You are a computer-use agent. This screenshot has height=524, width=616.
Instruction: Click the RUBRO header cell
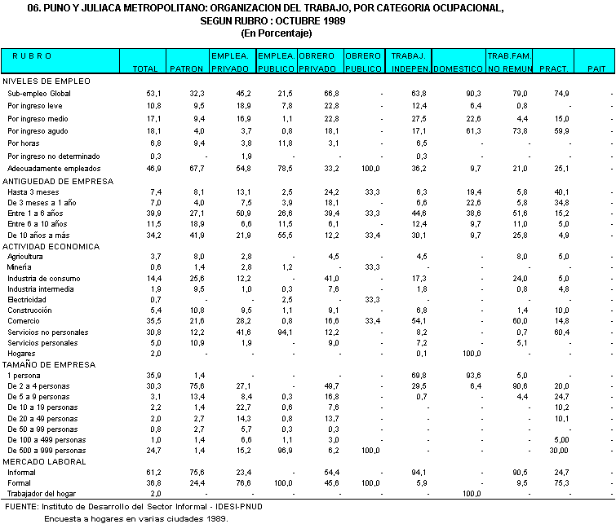[33, 55]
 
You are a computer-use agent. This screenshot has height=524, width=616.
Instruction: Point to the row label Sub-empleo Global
[39, 95]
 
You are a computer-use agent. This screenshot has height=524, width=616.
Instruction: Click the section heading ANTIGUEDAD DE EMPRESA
[58, 181]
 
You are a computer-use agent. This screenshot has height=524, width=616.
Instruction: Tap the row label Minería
[20, 267]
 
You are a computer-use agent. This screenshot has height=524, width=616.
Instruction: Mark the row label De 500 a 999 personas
[47, 451]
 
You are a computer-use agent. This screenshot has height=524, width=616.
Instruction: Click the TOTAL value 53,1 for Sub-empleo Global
[153, 95]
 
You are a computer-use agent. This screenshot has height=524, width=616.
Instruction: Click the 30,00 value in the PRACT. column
[558, 451]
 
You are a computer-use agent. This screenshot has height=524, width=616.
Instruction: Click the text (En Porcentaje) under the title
[277, 33]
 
